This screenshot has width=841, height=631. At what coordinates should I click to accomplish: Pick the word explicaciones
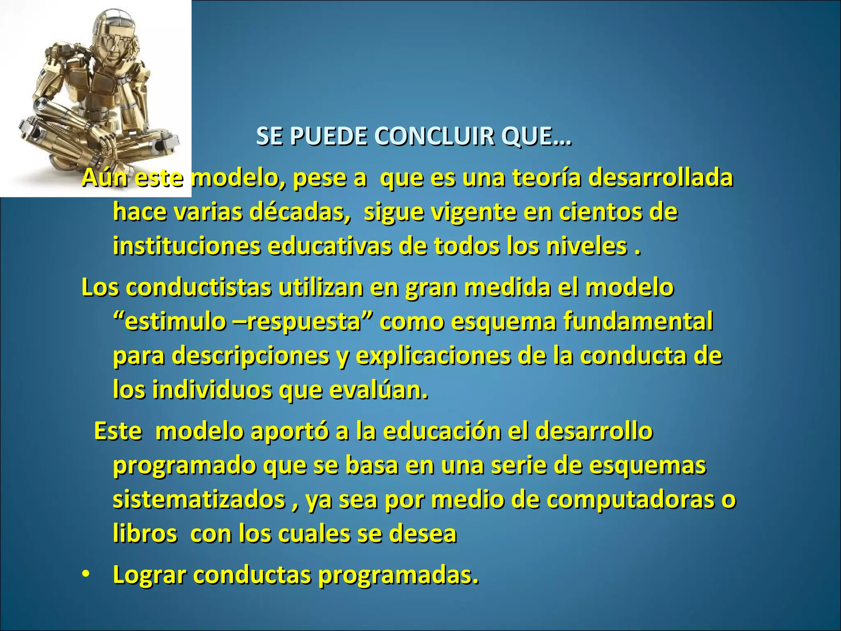click(x=433, y=356)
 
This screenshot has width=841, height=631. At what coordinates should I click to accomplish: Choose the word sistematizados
click(x=199, y=500)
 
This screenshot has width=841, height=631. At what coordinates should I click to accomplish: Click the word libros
click(x=145, y=534)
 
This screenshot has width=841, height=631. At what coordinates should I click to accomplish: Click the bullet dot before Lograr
click(x=85, y=574)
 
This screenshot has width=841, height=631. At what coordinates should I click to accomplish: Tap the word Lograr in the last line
click(x=150, y=575)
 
